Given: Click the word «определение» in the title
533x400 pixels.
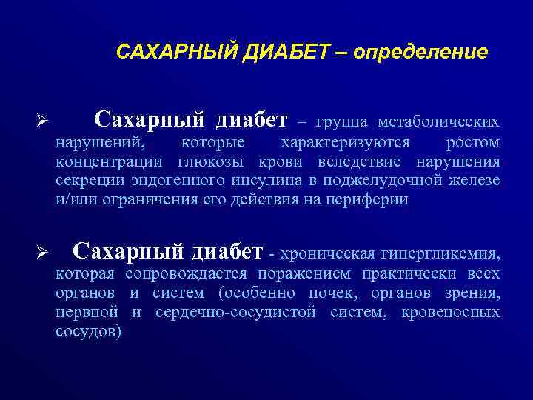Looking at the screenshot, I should tap(420, 53).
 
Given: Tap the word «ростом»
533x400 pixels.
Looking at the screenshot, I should tap(473, 142).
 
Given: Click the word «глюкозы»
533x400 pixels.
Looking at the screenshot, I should tap(215, 161).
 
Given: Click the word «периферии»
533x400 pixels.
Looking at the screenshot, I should tap(367, 200).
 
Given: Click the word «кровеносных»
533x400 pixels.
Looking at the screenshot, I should tap(450, 313).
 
